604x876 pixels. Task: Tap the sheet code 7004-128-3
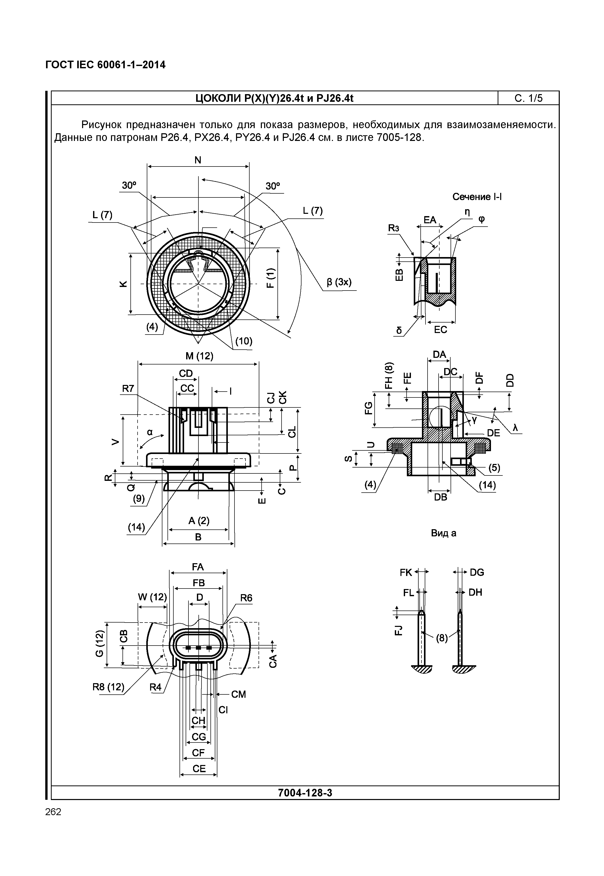[x=305, y=793]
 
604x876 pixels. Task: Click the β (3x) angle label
[x=339, y=282]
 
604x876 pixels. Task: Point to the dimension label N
[x=198, y=160]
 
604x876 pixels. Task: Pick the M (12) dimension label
[x=199, y=356]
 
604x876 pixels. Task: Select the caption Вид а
[x=444, y=533]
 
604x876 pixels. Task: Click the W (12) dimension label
[x=152, y=597]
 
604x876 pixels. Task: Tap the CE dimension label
[x=199, y=769]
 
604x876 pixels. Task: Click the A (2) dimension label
[x=199, y=520]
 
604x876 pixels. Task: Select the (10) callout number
[x=244, y=341]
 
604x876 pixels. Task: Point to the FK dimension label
[x=406, y=572]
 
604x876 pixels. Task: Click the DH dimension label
[x=475, y=592]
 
